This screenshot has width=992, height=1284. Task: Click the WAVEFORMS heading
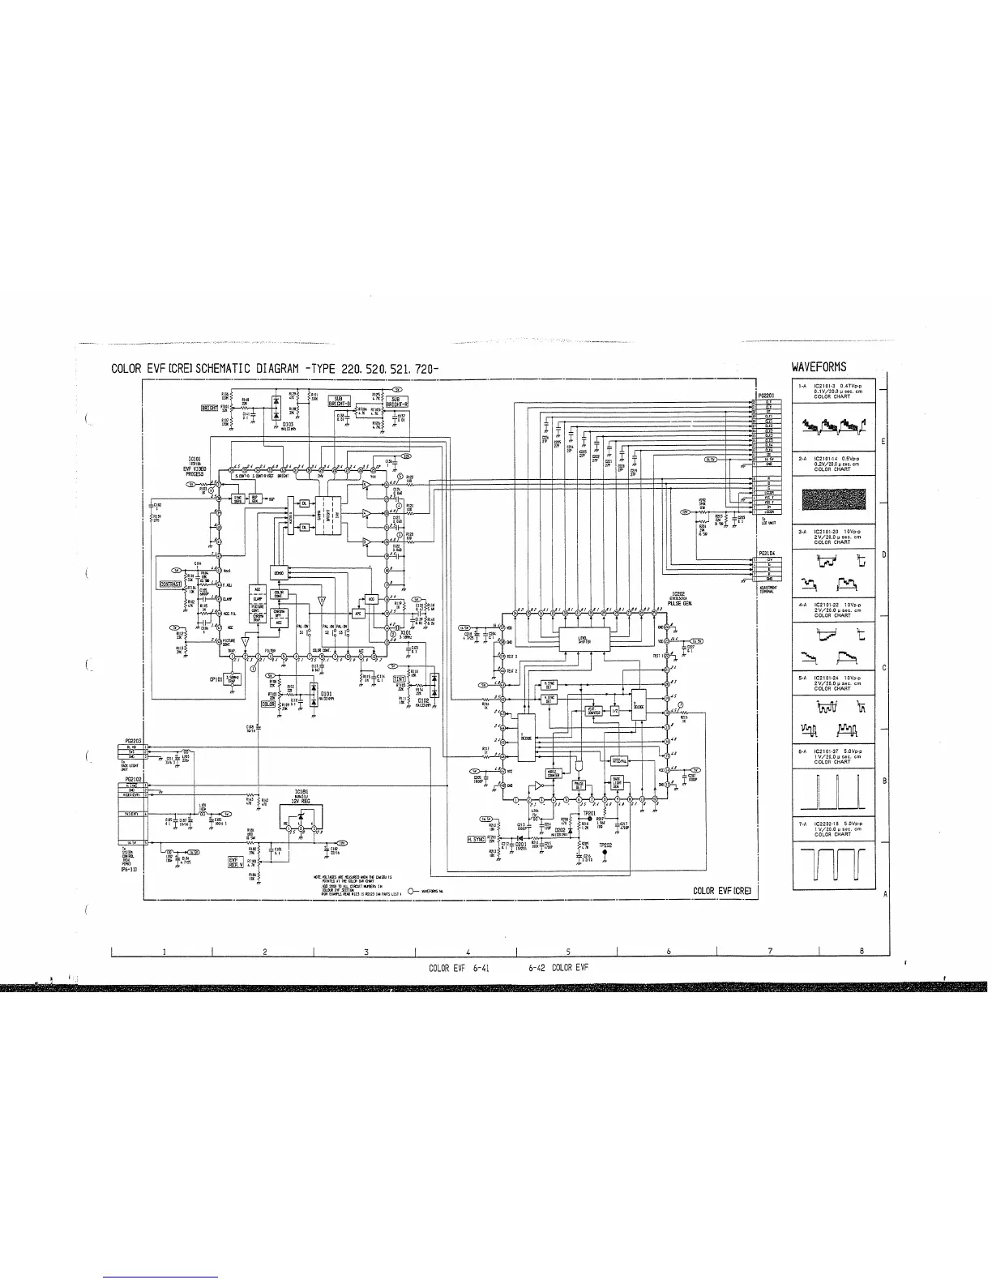point(819,367)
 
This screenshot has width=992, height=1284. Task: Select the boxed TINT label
point(399,678)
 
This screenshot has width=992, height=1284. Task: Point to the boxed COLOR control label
point(268,704)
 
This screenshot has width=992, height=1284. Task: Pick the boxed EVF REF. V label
point(237,861)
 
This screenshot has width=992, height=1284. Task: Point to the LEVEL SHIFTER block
point(584,638)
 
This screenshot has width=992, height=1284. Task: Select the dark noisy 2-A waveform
point(834,499)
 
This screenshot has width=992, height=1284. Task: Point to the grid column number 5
point(569,951)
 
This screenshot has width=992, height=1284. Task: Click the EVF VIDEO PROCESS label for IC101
point(195,469)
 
